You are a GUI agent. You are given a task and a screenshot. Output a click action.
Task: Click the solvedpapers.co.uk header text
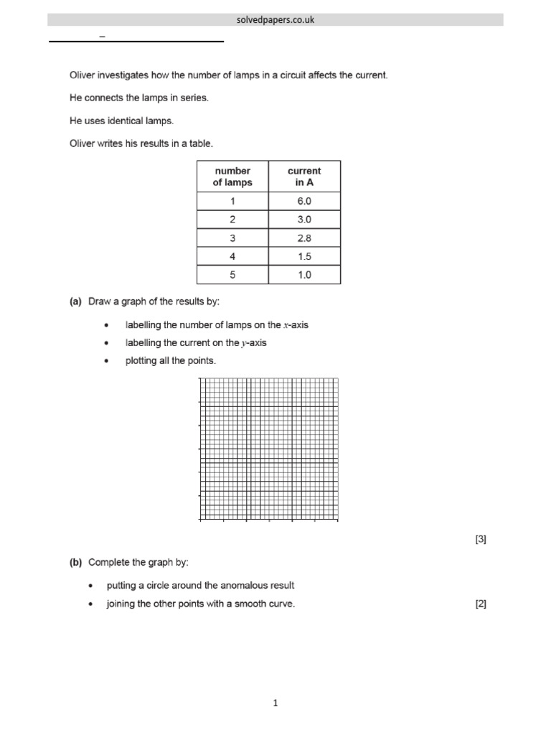tap(275, 20)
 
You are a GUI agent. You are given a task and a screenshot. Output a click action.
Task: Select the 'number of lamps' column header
tap(232, 177)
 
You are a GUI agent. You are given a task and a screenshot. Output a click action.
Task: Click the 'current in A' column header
tap(304, 177)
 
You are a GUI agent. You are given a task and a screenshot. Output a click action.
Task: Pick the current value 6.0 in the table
tap(304, 201)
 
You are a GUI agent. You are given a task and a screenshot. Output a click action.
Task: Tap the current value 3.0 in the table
tap(304, 220)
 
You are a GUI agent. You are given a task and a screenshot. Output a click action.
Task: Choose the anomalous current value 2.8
tap(304, 238)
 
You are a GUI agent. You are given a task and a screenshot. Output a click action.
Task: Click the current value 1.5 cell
tap(304, 257)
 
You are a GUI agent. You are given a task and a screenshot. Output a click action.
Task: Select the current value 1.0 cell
tap(304, 275)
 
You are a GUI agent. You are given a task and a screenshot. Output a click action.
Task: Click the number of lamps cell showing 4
tap(232, 257)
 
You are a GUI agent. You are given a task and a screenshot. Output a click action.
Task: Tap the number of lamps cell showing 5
tap(232, 275)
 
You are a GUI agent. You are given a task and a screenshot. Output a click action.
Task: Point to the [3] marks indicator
tap(481, 540)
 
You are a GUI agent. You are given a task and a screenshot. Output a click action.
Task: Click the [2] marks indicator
tap(481, 604)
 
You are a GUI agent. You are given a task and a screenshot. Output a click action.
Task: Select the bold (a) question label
tap(75, 301)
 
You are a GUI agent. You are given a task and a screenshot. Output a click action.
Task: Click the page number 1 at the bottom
tap(275, 703)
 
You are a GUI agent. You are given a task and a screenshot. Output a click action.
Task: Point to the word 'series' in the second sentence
tap(194, 98)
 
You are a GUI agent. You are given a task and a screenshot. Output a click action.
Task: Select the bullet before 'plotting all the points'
tap(107, 361)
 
